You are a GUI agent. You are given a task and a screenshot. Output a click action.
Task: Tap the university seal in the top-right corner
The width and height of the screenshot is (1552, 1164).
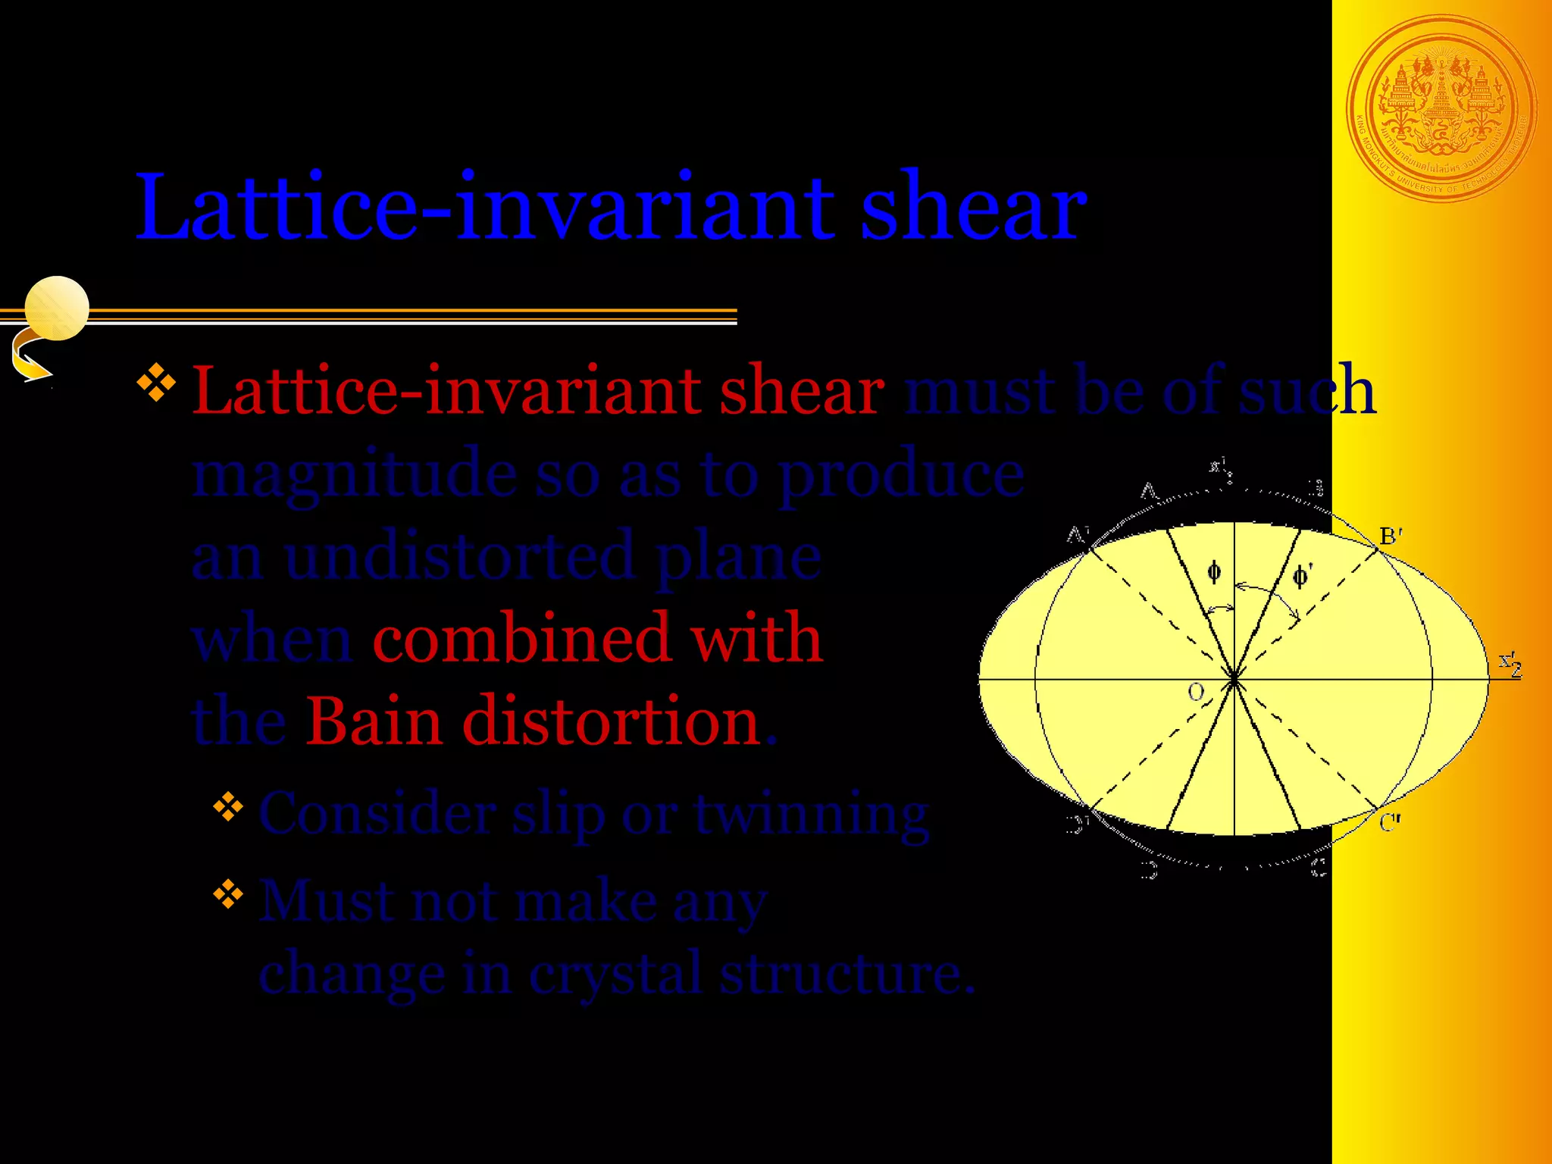tap(1442, 109)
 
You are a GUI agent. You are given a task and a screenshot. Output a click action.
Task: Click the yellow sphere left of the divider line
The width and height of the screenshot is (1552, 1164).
tap(57, 308)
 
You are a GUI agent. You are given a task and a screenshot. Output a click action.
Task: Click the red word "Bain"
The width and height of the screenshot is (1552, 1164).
tap(374, 721)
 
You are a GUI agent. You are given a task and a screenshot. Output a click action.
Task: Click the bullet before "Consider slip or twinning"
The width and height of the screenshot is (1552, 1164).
tap(228, 807)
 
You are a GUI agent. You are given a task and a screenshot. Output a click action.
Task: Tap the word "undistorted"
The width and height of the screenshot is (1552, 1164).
tap(461, 557)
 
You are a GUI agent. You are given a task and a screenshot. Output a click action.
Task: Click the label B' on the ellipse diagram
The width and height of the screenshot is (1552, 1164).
tap(1391, 537)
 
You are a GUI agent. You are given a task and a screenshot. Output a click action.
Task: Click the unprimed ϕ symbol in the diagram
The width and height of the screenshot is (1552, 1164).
tap(1214, 572)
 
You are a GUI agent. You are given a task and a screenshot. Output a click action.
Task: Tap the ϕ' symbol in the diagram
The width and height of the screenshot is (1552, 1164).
tap(1301, 577)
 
